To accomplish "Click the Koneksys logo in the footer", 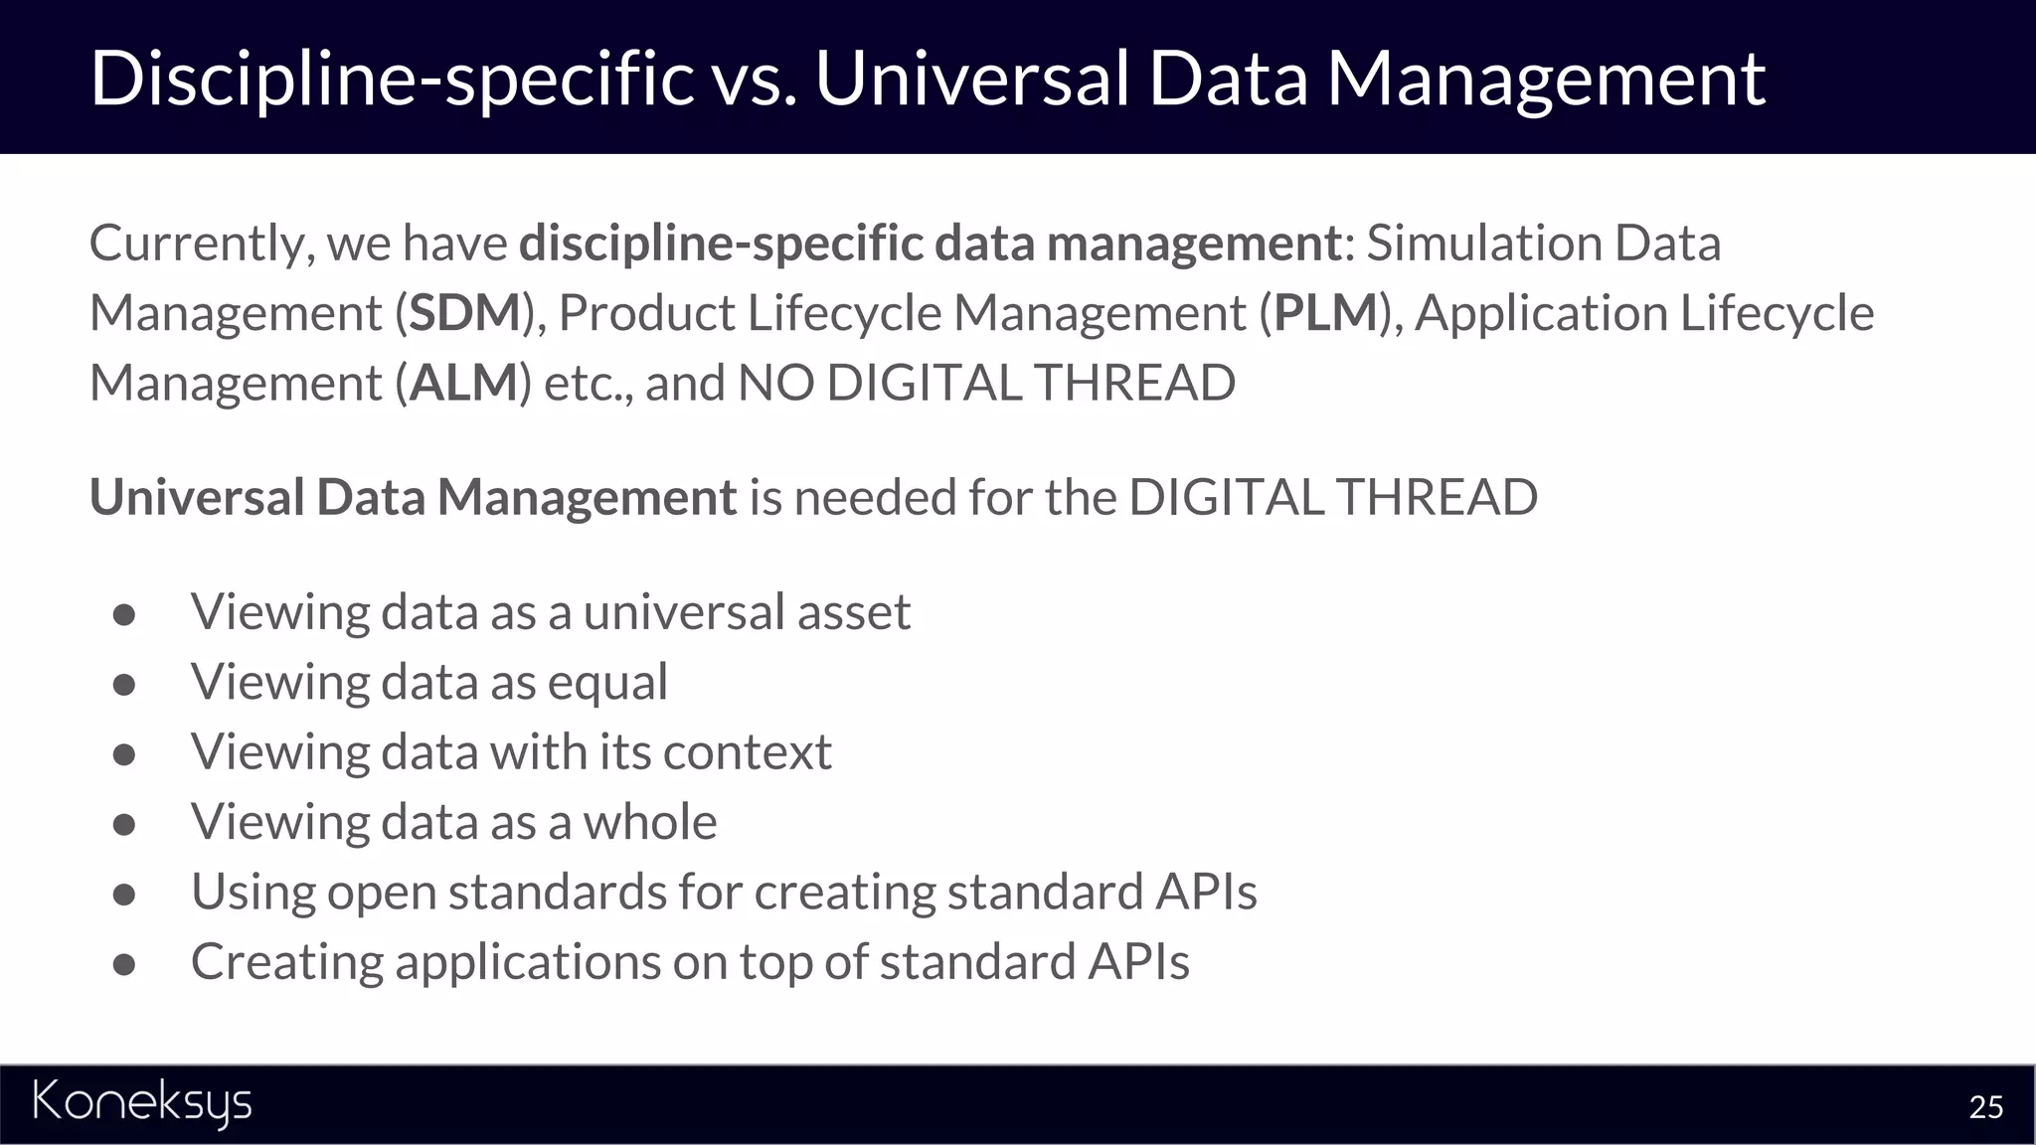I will (142, 1103).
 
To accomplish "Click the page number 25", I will (1985, 1107).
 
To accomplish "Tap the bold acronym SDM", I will (465, 313).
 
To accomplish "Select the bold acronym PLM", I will (1325, 313).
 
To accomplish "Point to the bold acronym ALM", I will (464, 384).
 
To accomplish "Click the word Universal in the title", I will (971, 79).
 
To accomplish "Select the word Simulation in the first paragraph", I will (1482, 244).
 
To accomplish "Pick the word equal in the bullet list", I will (607, 683).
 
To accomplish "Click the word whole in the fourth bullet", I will (649, 822).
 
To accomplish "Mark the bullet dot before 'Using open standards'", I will (124, 895).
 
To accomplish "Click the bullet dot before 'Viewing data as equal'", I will (124, 685).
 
